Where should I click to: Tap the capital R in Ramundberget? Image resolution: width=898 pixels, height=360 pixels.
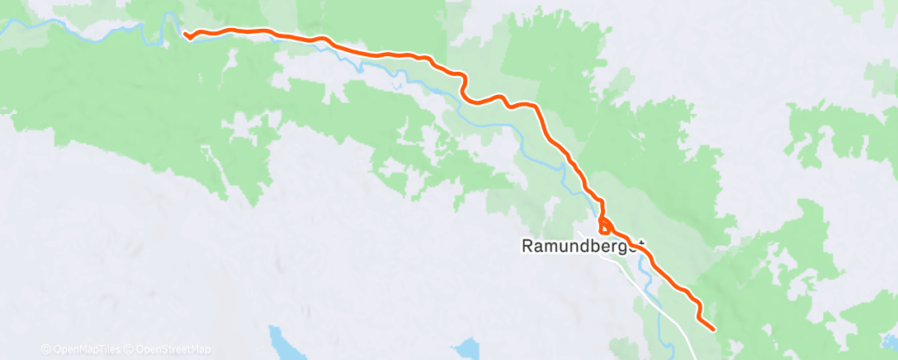(528, 246)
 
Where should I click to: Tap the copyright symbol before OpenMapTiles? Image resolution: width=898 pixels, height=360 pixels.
(45, 349)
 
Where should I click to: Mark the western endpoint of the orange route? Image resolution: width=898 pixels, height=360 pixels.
(186, 35)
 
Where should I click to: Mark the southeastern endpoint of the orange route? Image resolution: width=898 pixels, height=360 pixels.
(713, 329)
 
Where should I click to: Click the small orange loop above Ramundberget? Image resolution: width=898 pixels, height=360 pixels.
(605, 224)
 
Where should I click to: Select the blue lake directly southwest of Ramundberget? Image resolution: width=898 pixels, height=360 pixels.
(469, 347)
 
